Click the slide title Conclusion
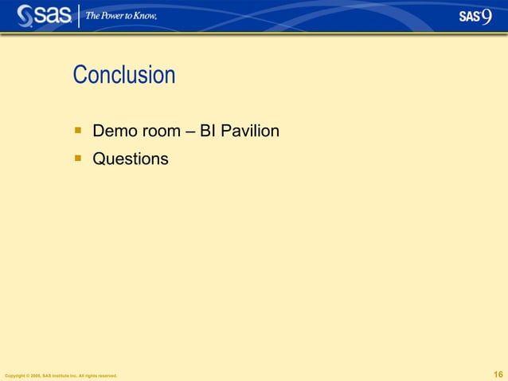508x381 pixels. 123,75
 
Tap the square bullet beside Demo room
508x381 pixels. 78,128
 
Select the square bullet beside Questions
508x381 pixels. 78,158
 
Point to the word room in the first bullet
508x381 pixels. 161,130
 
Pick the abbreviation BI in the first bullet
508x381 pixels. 208,130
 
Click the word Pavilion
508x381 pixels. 250,130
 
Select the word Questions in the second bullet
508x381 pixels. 131,159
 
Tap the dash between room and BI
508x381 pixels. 190,131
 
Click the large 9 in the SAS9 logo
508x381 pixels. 487,17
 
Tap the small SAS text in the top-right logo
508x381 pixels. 469,18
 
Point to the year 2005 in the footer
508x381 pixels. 36,375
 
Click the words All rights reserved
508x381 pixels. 100,375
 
